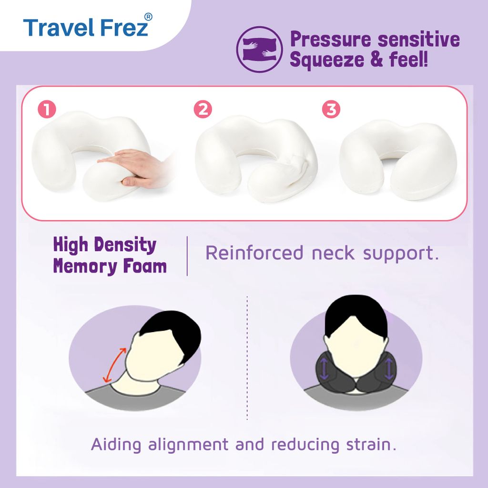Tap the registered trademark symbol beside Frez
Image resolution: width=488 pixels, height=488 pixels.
pos(149,17)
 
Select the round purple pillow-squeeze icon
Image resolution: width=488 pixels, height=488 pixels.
pos(259,49)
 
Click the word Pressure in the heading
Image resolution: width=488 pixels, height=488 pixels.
pos(331,40)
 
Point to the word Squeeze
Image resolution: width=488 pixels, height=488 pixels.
pos(327,60)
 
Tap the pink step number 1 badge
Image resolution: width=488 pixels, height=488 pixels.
pos(47,109)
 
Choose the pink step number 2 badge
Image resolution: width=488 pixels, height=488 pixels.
pos(203,109)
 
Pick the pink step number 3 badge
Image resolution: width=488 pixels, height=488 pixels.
pos(331,109)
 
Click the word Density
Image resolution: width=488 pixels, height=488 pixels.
pos(125,245)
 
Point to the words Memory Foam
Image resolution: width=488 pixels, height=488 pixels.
pos(110,266)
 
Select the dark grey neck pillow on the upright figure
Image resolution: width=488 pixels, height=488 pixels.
pos(356,370)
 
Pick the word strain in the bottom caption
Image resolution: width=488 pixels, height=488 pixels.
pos(371,444)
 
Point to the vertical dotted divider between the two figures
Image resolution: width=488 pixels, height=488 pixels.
pos(247,358)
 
